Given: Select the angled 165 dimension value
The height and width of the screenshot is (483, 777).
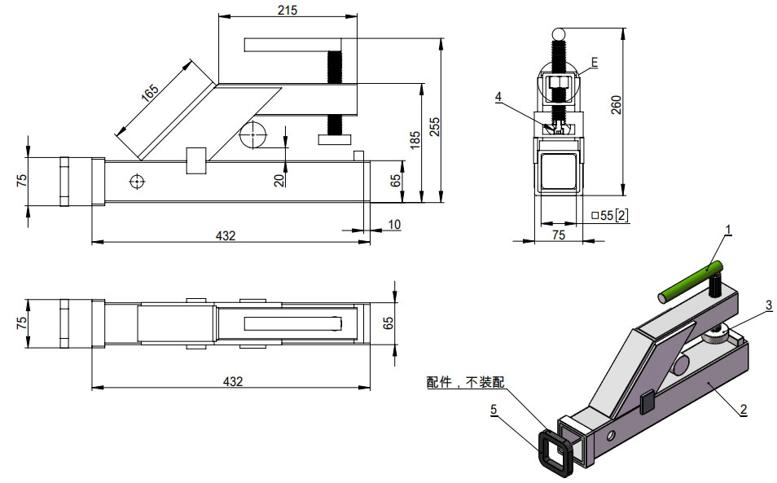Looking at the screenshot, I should click(150, 92).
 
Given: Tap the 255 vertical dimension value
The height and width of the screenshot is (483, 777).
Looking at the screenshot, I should click(436, 126).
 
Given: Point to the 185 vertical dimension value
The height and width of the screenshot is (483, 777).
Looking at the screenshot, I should click(416, 140).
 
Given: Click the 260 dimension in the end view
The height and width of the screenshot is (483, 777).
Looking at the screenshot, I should click(617, 107).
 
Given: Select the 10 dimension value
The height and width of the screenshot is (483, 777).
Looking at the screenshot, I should click(394, 224).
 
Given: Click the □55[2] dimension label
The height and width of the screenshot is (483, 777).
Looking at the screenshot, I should click(608, 215).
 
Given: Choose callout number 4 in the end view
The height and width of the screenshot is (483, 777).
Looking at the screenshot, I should click(498, 96).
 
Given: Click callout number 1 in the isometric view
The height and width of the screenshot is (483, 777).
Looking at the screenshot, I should click(727, 229).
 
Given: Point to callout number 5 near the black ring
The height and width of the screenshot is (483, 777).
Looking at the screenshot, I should click(494, 409).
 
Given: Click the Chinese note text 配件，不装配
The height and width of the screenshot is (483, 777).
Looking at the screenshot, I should click(465, 381).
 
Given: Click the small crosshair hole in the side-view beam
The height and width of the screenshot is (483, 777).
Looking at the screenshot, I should click(136, 181).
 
